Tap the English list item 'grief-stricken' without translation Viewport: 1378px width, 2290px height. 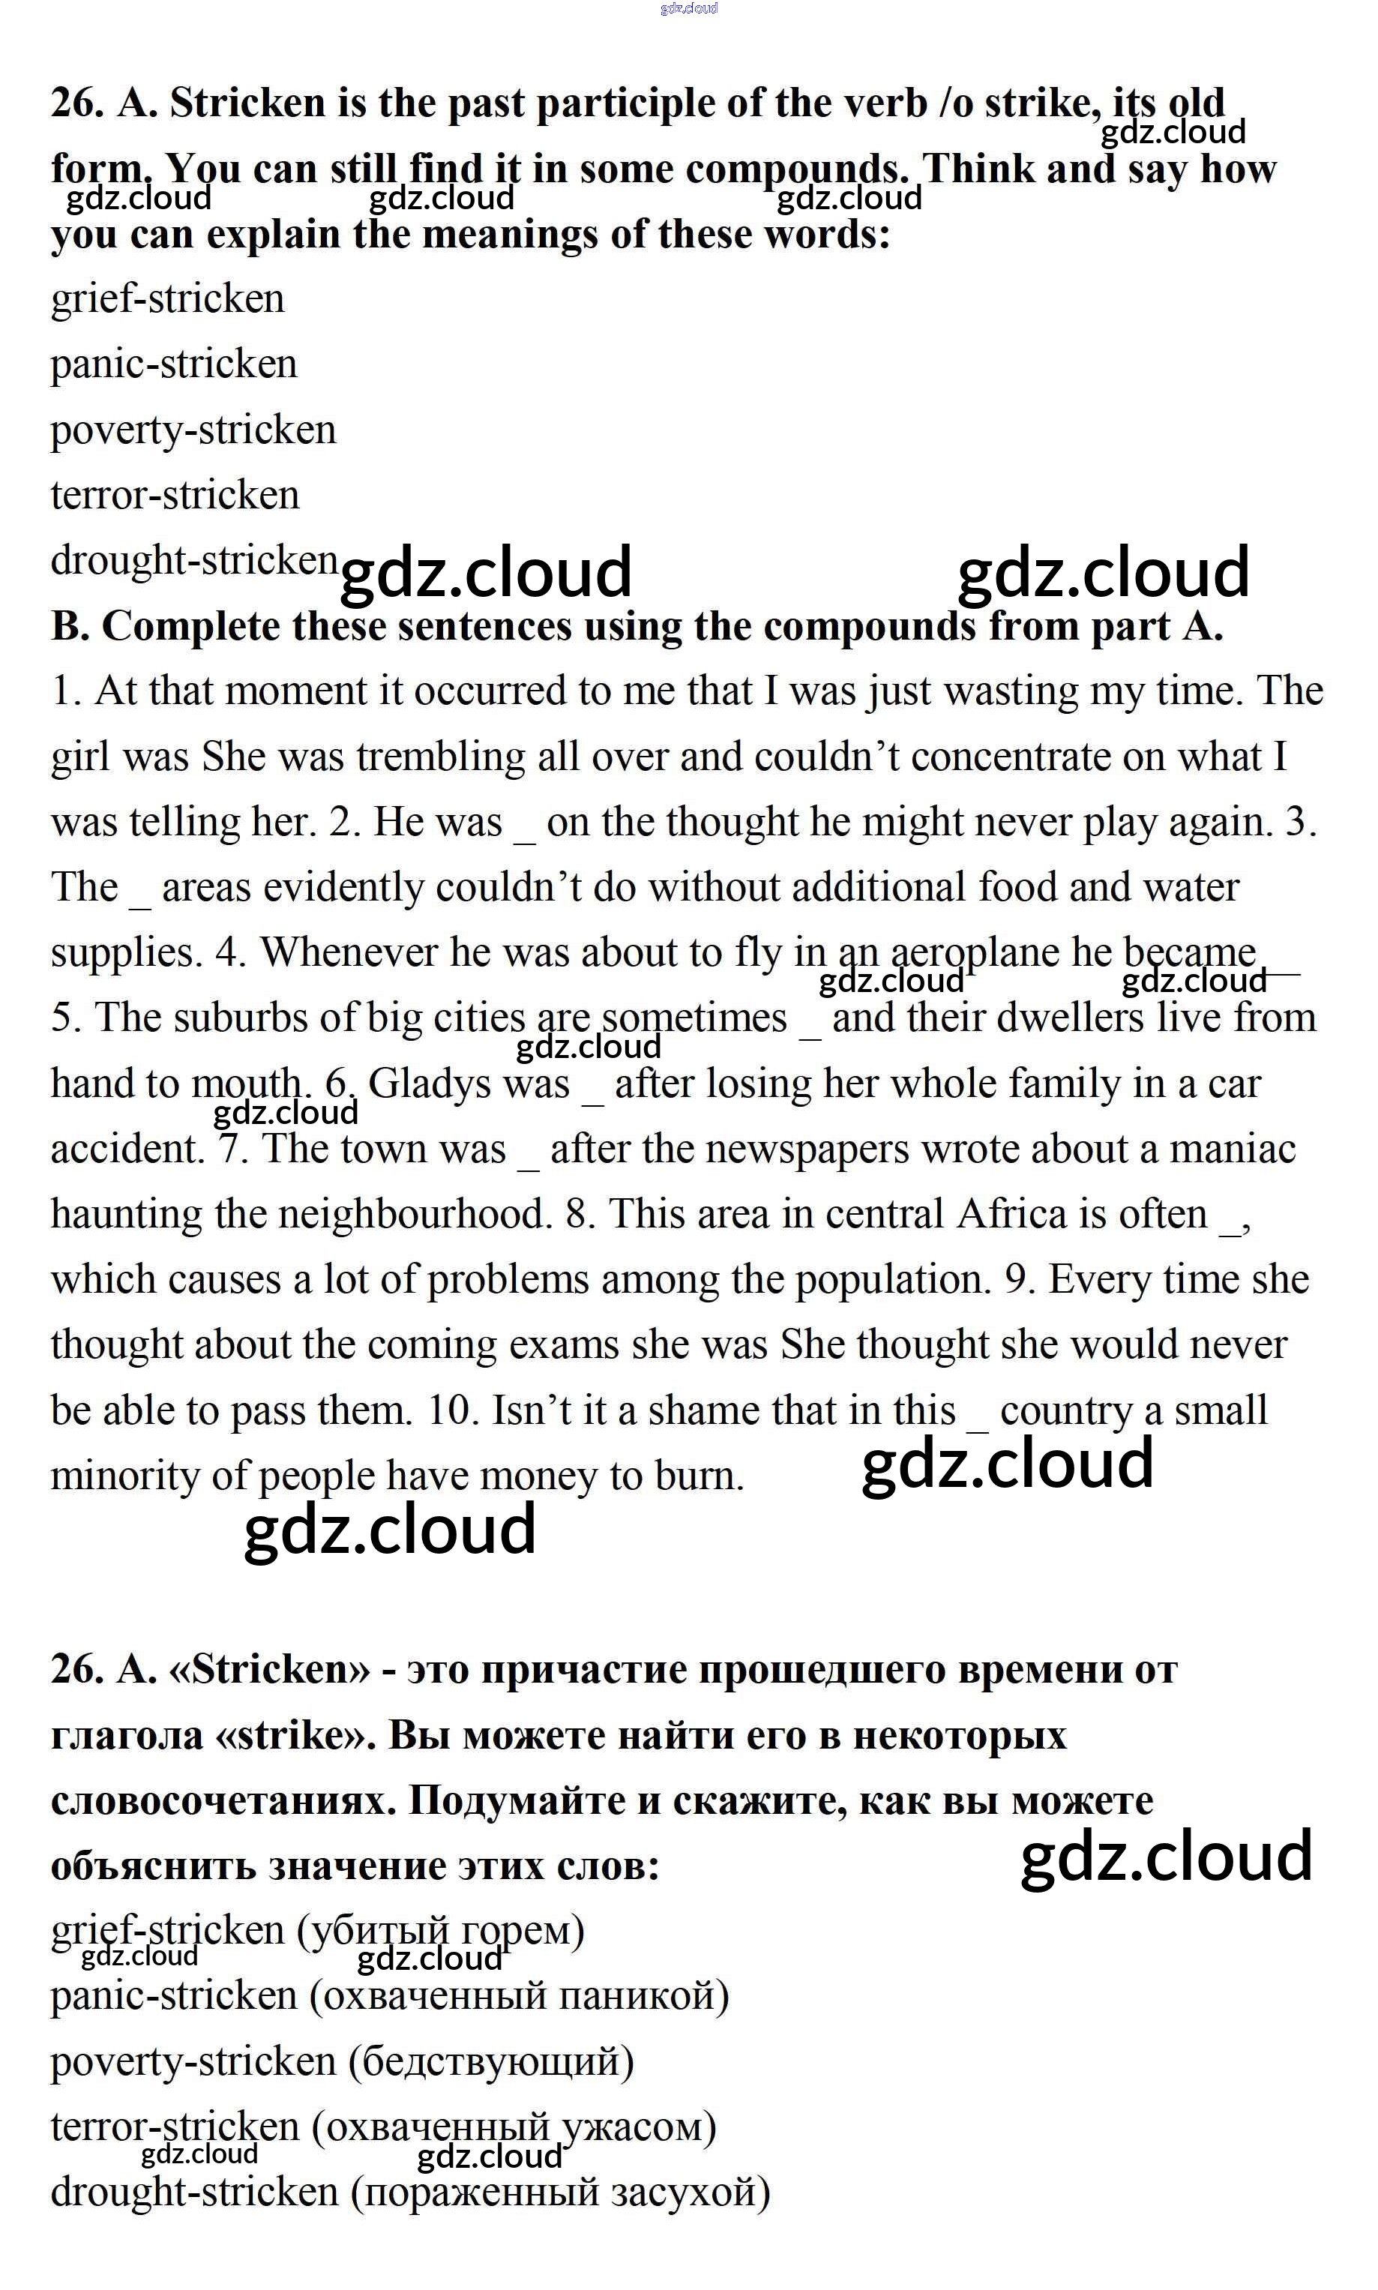168,299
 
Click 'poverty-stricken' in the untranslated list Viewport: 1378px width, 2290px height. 193,430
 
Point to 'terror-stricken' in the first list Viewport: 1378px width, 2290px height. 175,495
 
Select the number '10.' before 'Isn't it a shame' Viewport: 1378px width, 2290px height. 451,1410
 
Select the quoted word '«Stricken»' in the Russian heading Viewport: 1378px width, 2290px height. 269,1670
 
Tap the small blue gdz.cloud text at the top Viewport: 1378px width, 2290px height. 689,8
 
